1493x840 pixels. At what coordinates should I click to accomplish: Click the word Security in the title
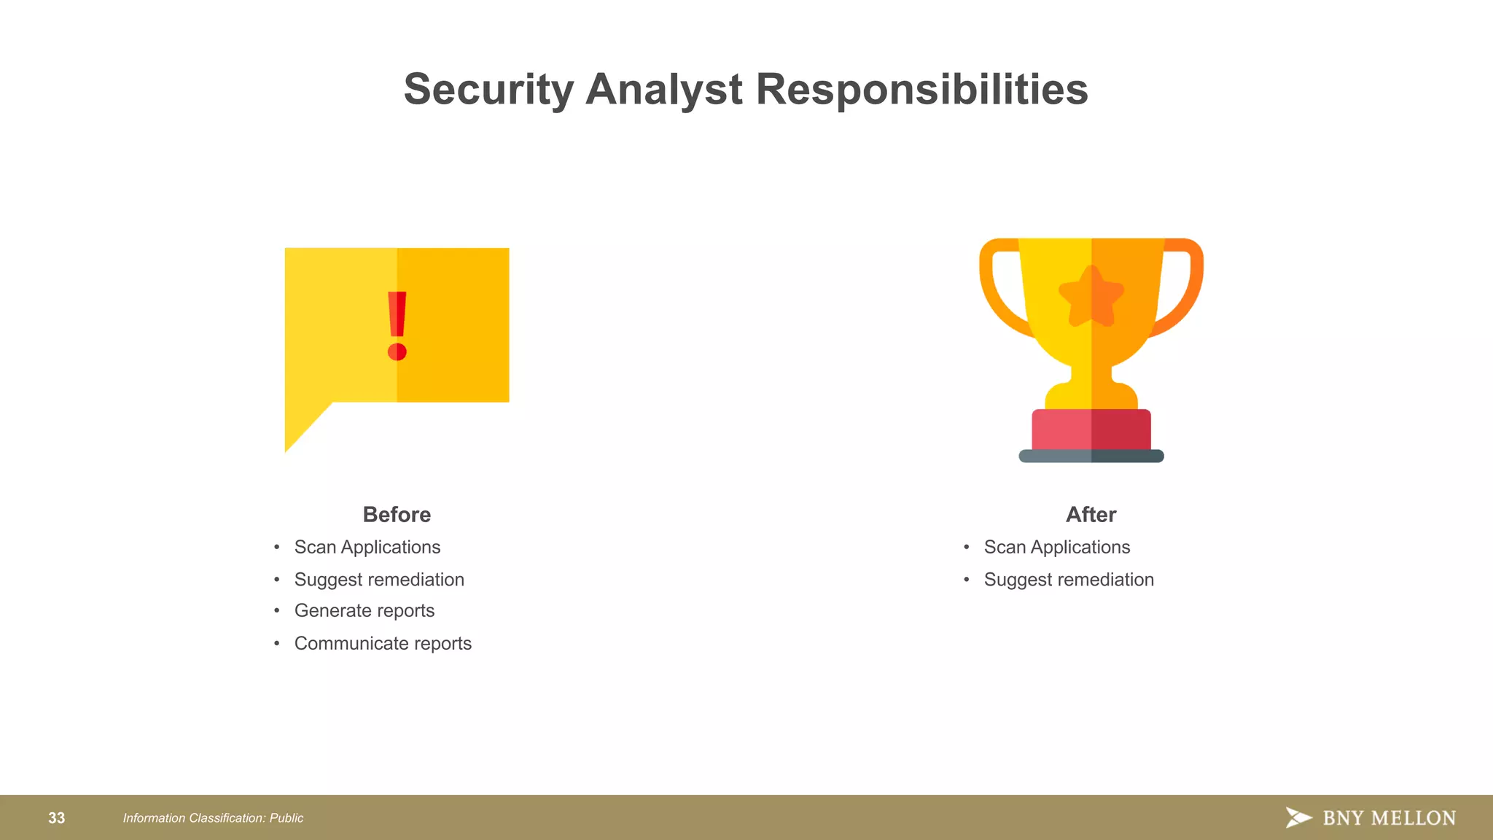tap(489, 90)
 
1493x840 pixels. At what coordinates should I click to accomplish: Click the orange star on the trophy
tap(1091, 297)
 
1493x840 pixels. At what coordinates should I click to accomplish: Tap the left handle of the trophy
tap(999, 292)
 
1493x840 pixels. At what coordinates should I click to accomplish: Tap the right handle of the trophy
tap(1185, 292)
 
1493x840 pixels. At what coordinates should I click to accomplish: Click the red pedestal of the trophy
tap(1091, 430)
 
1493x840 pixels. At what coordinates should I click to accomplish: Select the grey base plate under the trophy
tap(1091, 456)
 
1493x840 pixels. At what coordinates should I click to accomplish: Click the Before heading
tap(397, 515)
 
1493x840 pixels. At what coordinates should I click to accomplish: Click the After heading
tap(1091, 515)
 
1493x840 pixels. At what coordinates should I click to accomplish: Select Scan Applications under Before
tap(367, 548)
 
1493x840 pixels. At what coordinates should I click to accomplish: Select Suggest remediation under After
tap(1069, 580)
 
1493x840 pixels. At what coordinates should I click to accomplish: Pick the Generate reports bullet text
tap(364, 611)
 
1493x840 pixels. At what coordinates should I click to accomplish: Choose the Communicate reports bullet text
tap(383, 644)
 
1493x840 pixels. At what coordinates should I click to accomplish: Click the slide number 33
tap(57, 818)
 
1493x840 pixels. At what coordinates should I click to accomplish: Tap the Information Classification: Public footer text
tap(213, 818)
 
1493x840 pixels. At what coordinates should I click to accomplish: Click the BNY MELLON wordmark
tap(1389, 818)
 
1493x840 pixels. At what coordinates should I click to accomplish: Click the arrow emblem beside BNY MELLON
tap(1298, 817)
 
